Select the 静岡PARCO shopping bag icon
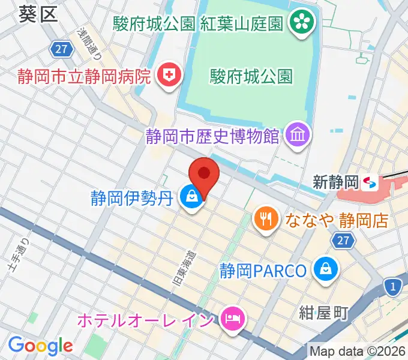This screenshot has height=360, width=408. (x=326, y=269)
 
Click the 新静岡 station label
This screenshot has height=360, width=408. (x=335, y=182)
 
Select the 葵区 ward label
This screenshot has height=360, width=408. (x=38, y=14)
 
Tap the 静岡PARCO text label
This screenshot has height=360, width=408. (x=263, y=270)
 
